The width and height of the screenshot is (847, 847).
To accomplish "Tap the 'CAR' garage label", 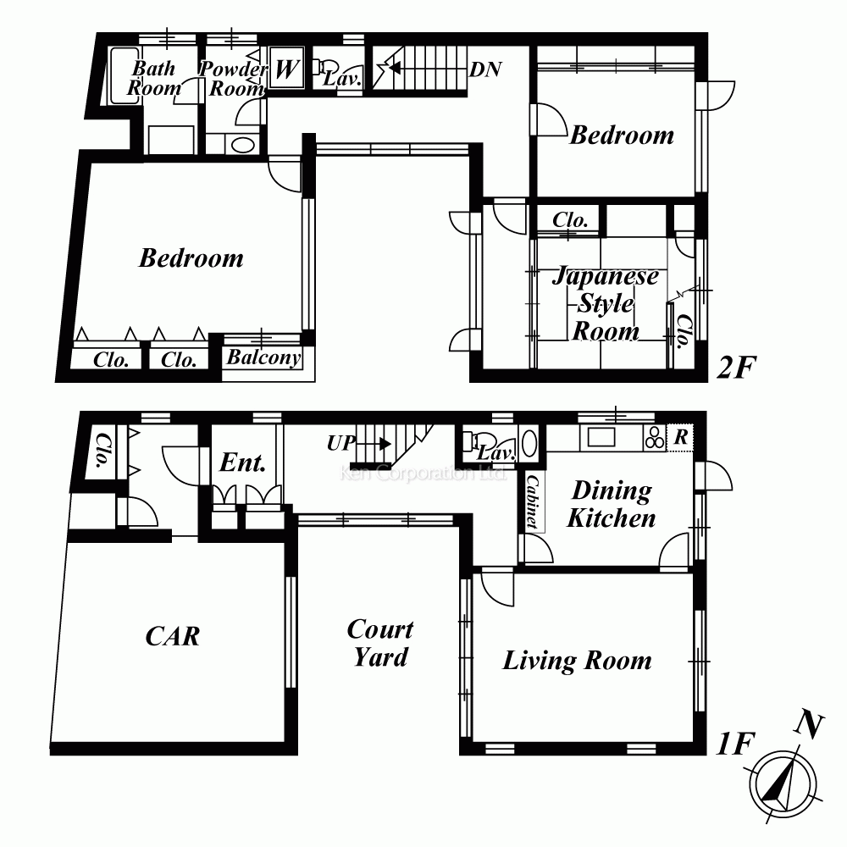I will [173, 635].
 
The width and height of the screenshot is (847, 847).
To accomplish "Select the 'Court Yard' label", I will [380, 643].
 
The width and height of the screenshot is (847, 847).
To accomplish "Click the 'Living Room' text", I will [577, 661].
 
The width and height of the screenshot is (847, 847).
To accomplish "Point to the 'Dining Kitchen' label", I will [611, 504].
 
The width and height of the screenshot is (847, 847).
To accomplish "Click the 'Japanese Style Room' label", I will [606, 303].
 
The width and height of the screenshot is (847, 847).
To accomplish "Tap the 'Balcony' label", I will [263, 358].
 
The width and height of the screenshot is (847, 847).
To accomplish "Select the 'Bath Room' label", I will [153, 78].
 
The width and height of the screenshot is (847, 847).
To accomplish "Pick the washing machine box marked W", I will [286, 69].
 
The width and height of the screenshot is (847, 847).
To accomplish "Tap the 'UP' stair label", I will [340, 443].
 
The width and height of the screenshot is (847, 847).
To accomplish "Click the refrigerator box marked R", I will [680, 438].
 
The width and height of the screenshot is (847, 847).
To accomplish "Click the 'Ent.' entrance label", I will [243, 462].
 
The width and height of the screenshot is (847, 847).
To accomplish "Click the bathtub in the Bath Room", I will [123, 78].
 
